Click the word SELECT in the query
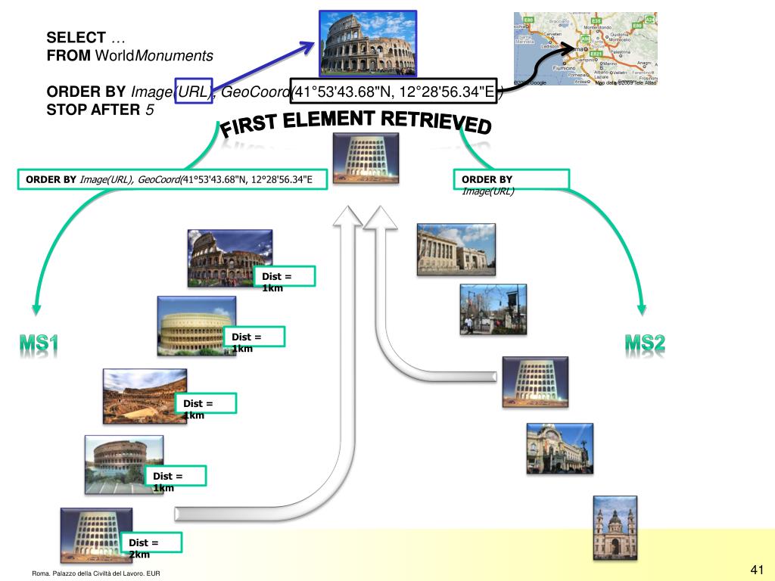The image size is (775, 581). (76, 38)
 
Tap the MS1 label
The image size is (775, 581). (39, 344)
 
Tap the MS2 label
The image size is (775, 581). (645, 344)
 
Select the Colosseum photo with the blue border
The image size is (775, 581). (368, 43)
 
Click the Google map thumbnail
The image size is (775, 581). (585, 48)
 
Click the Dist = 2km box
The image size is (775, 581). (154, 543)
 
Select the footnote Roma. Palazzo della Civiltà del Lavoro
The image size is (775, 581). (96, 574)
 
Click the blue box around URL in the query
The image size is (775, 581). (194, 92)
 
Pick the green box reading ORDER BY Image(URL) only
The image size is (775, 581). (511, 180)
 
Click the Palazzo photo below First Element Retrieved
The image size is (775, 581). (366, 158)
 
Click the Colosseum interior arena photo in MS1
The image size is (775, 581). (145, 396)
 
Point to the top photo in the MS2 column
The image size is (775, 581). (456, 249)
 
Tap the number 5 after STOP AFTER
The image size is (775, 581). (150, 110)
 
